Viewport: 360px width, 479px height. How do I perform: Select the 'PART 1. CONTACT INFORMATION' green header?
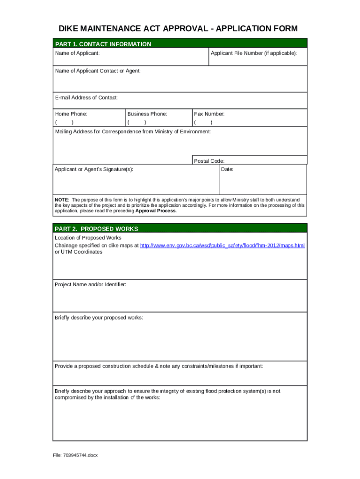pos(103,44)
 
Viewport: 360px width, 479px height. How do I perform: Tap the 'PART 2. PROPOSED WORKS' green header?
pos(96,229)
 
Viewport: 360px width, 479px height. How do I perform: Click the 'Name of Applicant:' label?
pos(77,53)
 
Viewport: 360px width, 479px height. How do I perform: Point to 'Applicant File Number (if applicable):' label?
pos(253,53)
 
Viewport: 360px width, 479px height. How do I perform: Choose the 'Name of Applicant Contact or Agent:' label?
pos(97,71)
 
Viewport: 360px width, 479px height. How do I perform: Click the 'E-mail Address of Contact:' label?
pos(86,98)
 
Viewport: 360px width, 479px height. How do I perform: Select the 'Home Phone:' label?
pos(71,114)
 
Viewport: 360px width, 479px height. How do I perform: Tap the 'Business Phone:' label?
pos(147,114)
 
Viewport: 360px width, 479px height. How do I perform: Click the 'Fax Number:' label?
pos(209,114)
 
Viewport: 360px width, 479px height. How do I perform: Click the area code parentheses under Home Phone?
pos(64,123)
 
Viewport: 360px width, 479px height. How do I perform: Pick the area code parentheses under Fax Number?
pos(203,123)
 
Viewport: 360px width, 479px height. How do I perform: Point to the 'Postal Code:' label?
pos(209,161)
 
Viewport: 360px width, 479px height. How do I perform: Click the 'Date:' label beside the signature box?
pos(227,169)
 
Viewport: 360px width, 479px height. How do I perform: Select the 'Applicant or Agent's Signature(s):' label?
pos(94,169)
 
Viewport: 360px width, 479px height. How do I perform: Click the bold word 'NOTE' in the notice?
pos(62,200)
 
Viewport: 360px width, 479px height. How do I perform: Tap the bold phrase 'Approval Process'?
pos(156,211)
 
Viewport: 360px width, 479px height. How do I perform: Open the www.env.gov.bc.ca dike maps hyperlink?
pos(222,246)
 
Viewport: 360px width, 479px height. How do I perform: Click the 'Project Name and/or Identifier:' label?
pos(90,284)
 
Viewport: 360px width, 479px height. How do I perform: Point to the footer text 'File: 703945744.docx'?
pos(75,455)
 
